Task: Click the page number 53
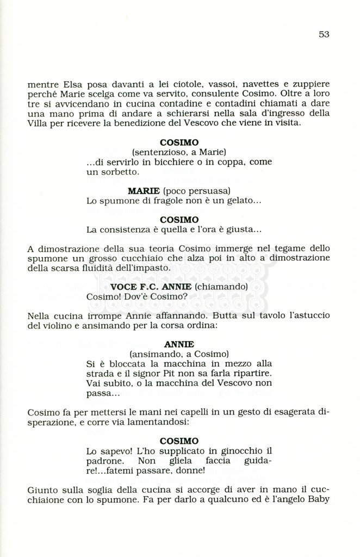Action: tap(324, 34)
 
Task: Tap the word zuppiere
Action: tap(310, 85)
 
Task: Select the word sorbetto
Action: tap(119, 172)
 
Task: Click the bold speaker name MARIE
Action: tap(144, 191)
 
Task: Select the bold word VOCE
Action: tap(124, 287)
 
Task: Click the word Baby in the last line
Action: tap(319, 499)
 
